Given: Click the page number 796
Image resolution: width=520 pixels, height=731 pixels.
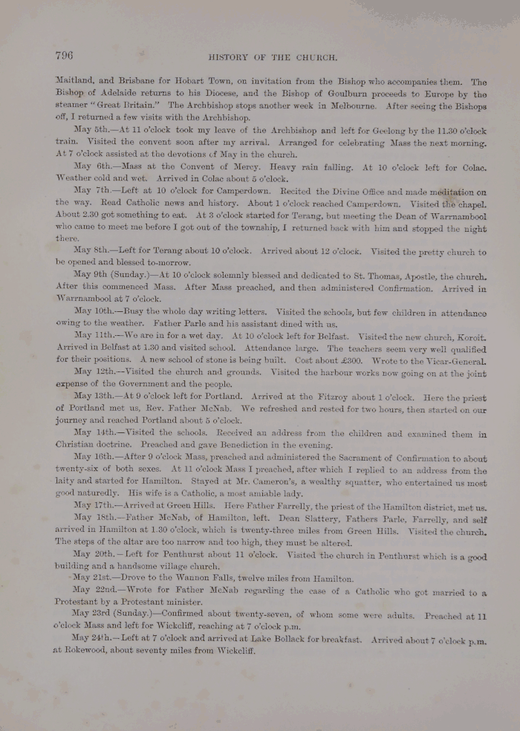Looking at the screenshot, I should (x=63, y=54).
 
